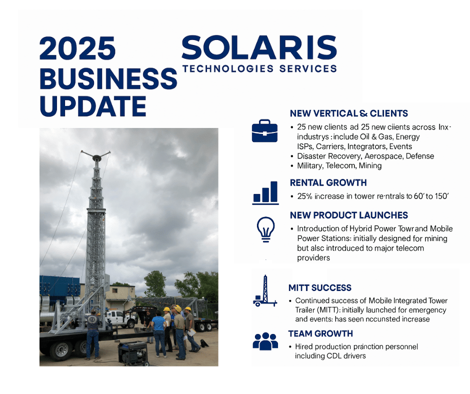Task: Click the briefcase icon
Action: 264,131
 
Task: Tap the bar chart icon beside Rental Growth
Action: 265,193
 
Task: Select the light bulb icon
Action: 264,229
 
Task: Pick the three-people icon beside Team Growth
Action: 265,341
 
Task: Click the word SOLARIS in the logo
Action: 259,48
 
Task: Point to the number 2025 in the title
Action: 77,49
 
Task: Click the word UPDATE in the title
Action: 92,105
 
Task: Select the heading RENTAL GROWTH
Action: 328,182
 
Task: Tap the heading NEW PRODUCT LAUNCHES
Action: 348,215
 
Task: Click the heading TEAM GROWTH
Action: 320,333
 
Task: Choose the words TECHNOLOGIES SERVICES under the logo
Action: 260,69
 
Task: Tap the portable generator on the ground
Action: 133,352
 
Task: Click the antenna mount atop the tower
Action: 95,157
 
